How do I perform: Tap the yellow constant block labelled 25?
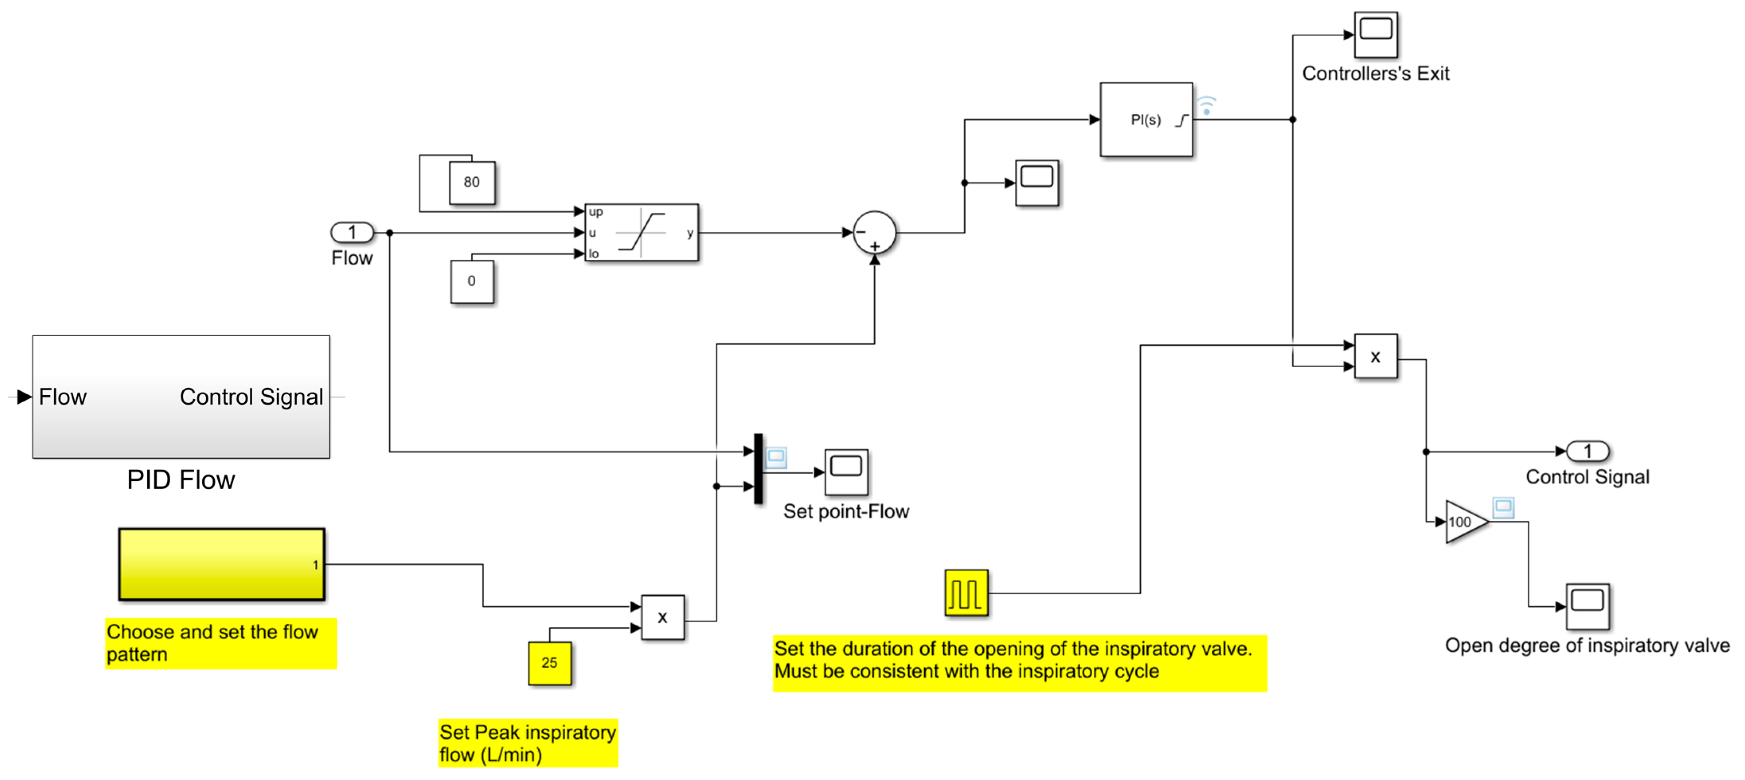click(549, 663)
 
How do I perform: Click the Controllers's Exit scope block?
click(1375, 34)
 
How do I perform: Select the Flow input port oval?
click(351, 232)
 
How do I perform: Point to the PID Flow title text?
click(181, 480)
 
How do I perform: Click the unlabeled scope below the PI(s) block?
click(1036, 183)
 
